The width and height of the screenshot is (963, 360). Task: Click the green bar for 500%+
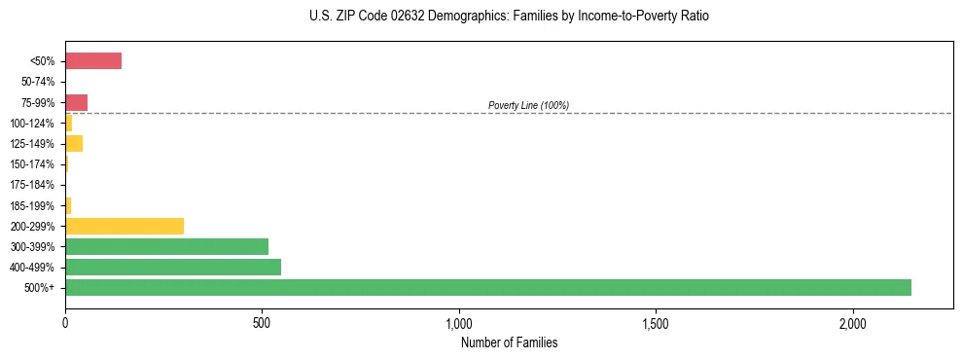487,287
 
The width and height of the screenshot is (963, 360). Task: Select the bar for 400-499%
173,267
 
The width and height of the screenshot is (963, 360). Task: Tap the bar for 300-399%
166,246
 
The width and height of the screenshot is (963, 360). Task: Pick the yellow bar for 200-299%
125,226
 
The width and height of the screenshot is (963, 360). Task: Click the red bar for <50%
93,61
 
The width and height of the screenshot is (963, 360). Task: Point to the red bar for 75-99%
76,102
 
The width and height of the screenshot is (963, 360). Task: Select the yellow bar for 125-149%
74,143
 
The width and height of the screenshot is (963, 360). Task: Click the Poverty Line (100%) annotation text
528,105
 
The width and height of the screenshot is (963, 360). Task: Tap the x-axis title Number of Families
509,342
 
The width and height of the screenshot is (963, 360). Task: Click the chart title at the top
509,17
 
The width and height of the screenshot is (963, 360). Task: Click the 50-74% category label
38,82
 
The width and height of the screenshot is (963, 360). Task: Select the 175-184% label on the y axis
33,185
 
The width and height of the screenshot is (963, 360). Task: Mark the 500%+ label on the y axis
41,288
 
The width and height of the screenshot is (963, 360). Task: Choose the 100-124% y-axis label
33,123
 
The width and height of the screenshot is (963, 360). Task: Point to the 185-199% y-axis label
33,205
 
